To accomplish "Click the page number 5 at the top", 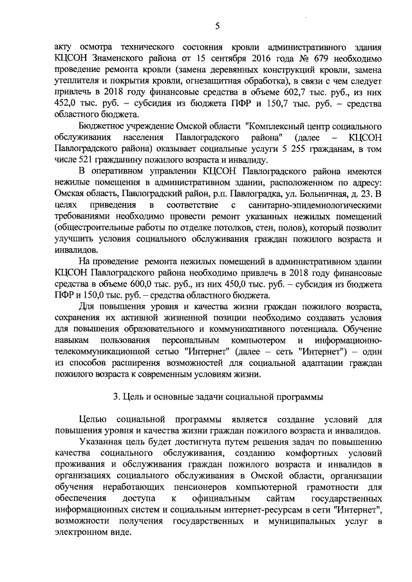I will (217, 26).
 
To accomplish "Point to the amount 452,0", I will (68, 104).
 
